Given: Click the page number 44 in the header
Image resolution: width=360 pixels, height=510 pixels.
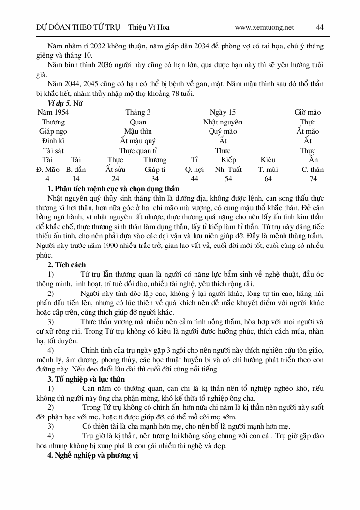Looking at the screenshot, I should tap(320, 28).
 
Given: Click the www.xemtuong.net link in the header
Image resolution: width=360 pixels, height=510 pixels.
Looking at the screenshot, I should tap(264, 28).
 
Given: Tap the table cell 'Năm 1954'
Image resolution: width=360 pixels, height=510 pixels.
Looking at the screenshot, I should tap(53, 112).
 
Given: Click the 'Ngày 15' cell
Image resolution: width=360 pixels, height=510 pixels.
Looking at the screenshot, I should tap(223, 112).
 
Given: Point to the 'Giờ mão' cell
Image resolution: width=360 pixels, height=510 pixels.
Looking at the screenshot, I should tap(307, 112).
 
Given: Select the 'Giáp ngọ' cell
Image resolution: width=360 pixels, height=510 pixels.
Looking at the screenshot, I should tap(53, 131).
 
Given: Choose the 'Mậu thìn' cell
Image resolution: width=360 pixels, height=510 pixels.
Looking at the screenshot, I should tap(138, 131).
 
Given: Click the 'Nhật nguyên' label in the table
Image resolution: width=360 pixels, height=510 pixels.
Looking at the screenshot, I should tap(223, 122).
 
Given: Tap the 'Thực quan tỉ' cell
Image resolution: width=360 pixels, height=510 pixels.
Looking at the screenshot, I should tap(138, 151).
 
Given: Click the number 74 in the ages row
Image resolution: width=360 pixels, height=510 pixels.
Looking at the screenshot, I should tap(313, 179).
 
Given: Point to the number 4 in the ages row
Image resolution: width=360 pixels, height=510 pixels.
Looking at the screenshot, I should tap(47, 179).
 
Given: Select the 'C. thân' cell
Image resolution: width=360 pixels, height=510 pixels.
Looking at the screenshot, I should tap(313, 170).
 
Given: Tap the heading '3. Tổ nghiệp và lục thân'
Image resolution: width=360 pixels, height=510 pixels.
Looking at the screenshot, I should tap(86, 379).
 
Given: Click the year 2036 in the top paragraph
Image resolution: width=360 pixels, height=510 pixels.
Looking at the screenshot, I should tap(109, 65).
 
